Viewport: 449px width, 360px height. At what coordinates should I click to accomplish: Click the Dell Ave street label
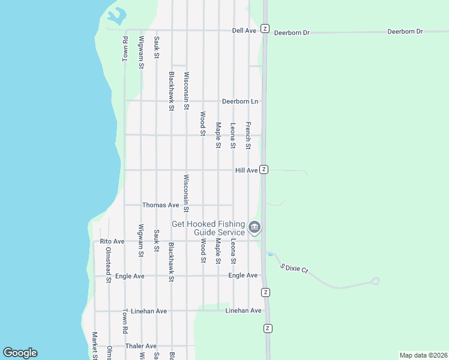[x=244, y=30]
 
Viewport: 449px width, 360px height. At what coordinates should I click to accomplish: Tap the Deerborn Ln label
[x=240, y=101]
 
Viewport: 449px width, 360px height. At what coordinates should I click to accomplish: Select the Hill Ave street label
[x=246, y=170]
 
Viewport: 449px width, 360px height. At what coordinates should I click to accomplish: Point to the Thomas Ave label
[x=160, y=205]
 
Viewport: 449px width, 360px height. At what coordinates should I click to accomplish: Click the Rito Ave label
[x=112, y=241]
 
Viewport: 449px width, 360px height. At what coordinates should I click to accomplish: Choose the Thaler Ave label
[x=141, y=346]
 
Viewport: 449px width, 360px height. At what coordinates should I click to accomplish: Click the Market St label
[x=94, y=346]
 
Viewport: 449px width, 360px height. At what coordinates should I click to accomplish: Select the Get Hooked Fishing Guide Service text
[x=208, y=228]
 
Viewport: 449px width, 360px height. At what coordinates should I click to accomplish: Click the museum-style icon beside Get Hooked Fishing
[x=255, y=227]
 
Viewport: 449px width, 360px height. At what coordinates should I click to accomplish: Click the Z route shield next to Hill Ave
[x=264, y=170]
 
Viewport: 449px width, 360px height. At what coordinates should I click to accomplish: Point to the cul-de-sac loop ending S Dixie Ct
[x=376, y=280]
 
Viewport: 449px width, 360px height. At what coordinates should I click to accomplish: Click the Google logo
[x=20, y=353]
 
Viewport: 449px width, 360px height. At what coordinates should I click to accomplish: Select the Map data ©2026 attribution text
[x=423, y=355]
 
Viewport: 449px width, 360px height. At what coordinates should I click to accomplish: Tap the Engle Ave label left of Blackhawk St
[x=130, y=276]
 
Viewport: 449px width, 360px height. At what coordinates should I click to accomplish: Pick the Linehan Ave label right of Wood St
[x=243, y=311]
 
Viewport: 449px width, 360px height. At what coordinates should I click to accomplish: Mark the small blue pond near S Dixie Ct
[x=270, y=254]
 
